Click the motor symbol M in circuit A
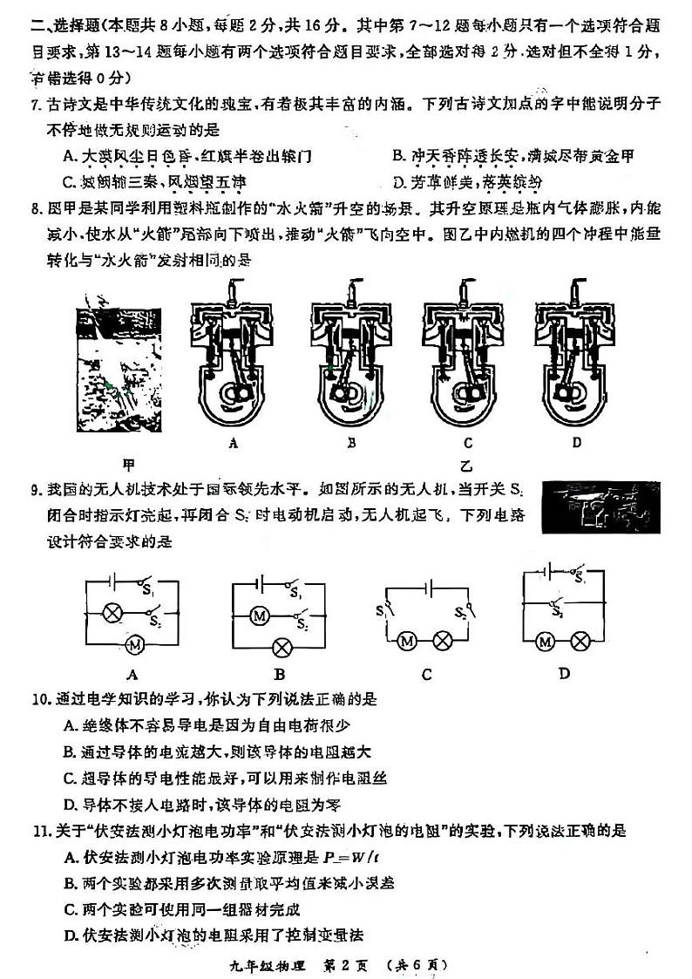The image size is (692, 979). [x=134, y=644]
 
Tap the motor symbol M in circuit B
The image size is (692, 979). [x=259, y=616]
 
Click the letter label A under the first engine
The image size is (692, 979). [x=233, y=443]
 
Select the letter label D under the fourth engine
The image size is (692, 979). [x=576, y=443]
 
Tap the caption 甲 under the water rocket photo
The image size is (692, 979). [x=129, y=463]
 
